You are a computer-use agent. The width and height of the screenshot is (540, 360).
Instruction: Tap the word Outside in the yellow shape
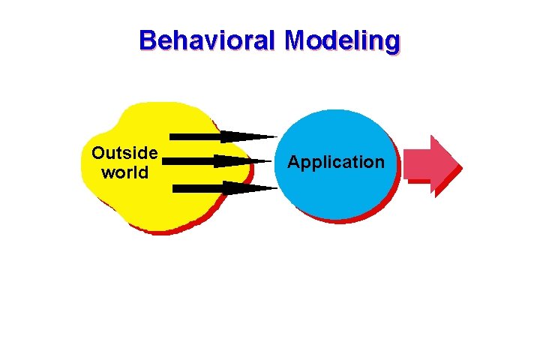(x=124, y=154)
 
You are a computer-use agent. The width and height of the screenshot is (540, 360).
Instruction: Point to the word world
(x=124, y=172)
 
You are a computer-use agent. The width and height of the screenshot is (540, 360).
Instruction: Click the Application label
(x=335, y=162)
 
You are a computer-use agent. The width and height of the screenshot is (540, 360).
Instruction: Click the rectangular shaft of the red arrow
(x=417, y=163)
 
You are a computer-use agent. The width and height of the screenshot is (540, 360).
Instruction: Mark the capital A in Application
(x=294, y=162)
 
